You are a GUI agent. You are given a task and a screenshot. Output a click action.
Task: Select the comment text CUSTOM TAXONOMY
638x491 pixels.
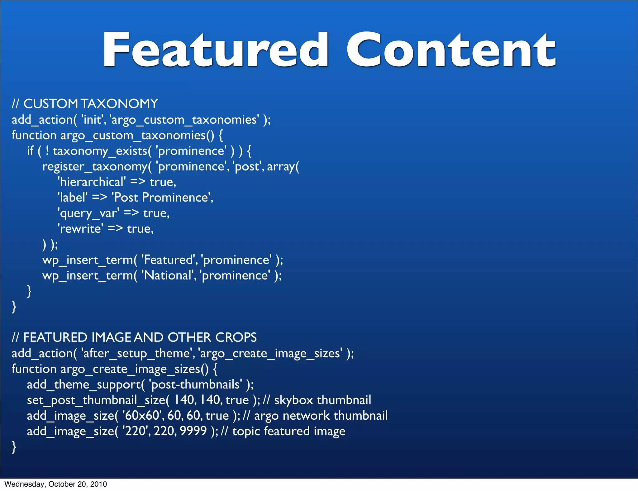91,104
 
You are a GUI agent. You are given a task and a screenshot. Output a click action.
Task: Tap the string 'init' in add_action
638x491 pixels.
93,120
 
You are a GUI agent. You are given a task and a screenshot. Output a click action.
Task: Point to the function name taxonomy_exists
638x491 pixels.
100,151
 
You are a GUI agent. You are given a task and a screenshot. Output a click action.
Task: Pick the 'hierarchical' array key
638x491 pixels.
92,182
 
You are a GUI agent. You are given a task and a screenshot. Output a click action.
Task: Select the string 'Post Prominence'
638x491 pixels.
162,198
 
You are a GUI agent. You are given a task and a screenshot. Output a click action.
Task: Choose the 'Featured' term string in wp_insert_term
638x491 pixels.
169,260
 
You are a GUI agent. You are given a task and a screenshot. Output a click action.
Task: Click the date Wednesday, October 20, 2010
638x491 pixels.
55,484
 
